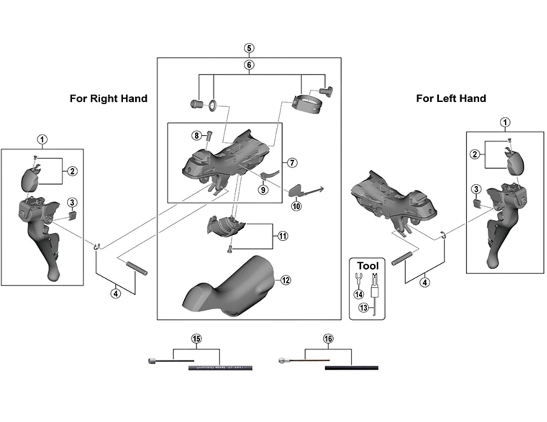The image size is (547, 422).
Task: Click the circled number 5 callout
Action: [x=249, y=48]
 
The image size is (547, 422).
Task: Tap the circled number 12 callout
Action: [x=285, y=280]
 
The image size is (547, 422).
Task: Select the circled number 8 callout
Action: [x=196, y=136]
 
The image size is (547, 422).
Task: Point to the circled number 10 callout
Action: [x=296, y=206]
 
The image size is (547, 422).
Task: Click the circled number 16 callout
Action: [x=328, y=339]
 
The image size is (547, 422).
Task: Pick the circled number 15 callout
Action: [x=196, y=339]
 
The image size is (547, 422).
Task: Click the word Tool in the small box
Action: [x=368, y=266]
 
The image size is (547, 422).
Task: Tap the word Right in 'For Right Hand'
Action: [x=104, y=99]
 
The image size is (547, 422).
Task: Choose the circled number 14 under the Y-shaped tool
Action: [x=359, y=294]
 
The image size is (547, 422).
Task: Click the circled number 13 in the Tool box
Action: [x=364, y=308]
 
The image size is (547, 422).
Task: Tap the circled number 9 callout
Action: [x=263, y=190]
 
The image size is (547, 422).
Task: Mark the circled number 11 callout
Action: [x=283, y=236]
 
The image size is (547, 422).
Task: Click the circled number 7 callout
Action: [x=292, y=163]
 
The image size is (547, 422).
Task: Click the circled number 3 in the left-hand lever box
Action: [x=476, y=189]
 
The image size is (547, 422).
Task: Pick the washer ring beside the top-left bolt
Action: [x=213, y=105]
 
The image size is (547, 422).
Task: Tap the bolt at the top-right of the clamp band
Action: [x=326, y=91]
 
